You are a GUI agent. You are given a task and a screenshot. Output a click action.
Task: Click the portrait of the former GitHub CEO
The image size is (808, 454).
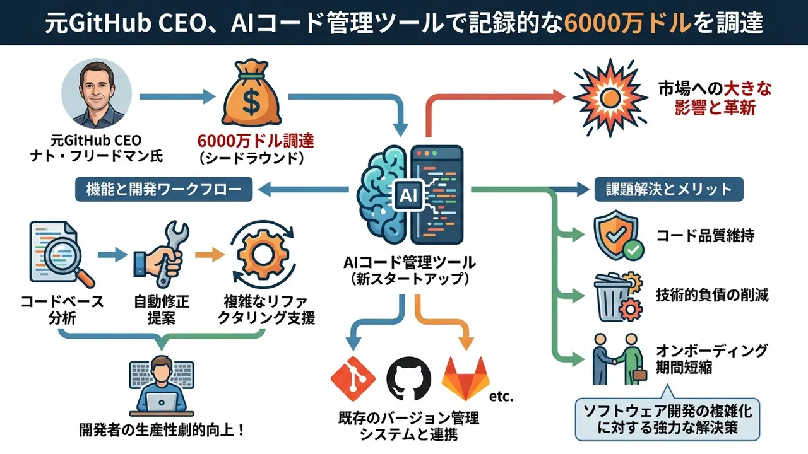(97, 95)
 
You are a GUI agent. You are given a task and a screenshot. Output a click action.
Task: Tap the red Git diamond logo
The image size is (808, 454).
(353, 379)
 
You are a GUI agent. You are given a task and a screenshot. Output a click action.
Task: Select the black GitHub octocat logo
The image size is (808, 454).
(408, 380)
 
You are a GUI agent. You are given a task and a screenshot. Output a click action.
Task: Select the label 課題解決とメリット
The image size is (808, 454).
(669, 189)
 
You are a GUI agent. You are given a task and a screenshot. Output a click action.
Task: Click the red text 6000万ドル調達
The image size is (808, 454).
(256, 140)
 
